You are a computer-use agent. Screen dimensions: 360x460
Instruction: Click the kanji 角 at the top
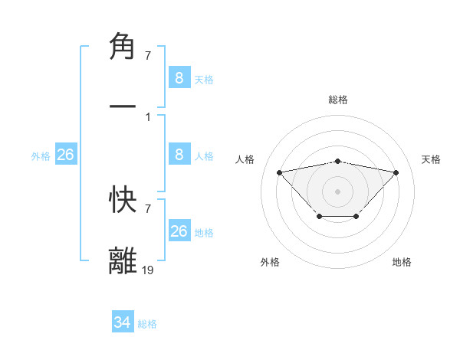pyautogui.click(x=123, y=47)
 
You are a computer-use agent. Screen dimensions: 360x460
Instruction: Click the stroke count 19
pyautogui.click(x=148, y=270)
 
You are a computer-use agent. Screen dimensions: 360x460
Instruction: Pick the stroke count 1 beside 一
pyautogui.click(x=147, y=117)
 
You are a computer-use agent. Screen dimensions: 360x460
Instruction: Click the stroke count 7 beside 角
pyautogui.click(x=147, y=55)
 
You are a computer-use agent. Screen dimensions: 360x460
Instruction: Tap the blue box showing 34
pyautogui.click(x=123, y=323)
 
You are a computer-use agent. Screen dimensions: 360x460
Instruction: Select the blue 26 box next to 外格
pyautogui.click(x=66, y=155)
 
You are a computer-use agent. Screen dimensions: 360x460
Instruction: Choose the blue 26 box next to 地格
pyautogui.click(x=179, y=232)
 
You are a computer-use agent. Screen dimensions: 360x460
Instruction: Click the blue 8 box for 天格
pyautogui.click(x=179, y=78)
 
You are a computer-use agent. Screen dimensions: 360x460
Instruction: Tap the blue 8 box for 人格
pyautogui.click(x=179, y=155)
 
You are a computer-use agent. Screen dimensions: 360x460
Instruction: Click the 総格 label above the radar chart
pyautogui.click(x=337, y=100)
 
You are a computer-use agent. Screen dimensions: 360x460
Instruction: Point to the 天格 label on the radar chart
pyautogui.click(x=432, y=159)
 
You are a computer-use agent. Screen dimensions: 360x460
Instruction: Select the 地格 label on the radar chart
pyautogui.click(x=402, y=262)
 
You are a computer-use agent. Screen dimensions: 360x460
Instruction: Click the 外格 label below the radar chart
pyautogui.click(x=270, y=262)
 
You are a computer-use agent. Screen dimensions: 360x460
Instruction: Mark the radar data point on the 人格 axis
pyautogui.click(x=279, y=172)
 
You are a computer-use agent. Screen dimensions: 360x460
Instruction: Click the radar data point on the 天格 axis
pyautogui.click(x=396, y=172)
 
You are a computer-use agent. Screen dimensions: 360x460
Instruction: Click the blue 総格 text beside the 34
pyautogui.click(x=147, y=324)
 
